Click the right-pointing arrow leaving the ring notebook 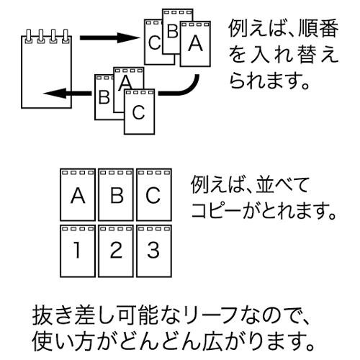[109, 37]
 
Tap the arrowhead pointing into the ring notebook [55, 93]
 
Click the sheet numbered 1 [78, 251]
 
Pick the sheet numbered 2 [116, 251]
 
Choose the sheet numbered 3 [154, 251]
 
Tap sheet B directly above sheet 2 [116, 194]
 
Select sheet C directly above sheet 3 [154, 194]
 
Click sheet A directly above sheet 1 [78, 194]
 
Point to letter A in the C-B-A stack [195, 43]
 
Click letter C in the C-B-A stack [154, 42]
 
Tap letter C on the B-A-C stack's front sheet [139, 112]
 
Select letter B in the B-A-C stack [104, 96]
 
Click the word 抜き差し [75, 315]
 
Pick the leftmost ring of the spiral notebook [29, 37]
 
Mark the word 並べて [282, 185]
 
